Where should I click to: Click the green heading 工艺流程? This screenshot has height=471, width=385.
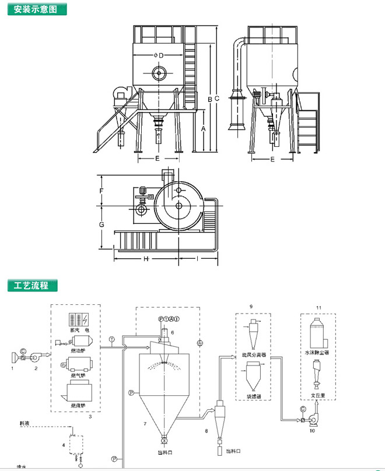[x=32, y=286]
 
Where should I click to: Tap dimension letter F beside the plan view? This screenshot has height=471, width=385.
[x=101, y=191]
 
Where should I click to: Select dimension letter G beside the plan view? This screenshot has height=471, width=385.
[x=101, y=224]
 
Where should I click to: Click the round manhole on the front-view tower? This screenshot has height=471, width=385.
[x=159, y=73]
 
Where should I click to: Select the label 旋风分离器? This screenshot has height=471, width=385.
[x=254, y=354]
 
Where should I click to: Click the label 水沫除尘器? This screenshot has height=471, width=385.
[x=317, y=353]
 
